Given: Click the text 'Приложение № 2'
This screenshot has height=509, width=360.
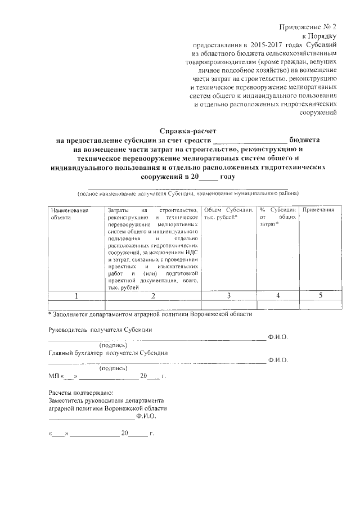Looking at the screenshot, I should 309,26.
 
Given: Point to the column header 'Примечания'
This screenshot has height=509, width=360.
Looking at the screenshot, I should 318,210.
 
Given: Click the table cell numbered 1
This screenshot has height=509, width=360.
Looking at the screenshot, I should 75,295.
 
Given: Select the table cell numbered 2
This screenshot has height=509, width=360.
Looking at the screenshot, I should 152,295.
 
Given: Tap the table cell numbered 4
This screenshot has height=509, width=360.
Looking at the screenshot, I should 277,295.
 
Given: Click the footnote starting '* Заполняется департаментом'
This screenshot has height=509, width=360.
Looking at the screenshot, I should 150,314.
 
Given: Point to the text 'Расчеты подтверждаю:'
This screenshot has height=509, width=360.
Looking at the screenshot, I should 81,392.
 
